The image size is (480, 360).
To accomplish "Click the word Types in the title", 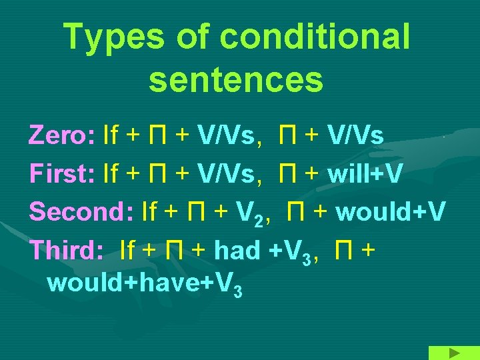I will [x=113, y=38].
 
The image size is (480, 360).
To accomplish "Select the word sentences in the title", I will [x=236, y=79].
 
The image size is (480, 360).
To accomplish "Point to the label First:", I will [x=62, y=173].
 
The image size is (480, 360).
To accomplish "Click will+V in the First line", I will [x=365, y=173].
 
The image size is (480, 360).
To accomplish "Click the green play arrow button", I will [x=453, y=353].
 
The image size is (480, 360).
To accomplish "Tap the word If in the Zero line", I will [x=111, y=136].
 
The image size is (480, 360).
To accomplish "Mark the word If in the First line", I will [x=111, y=173].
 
